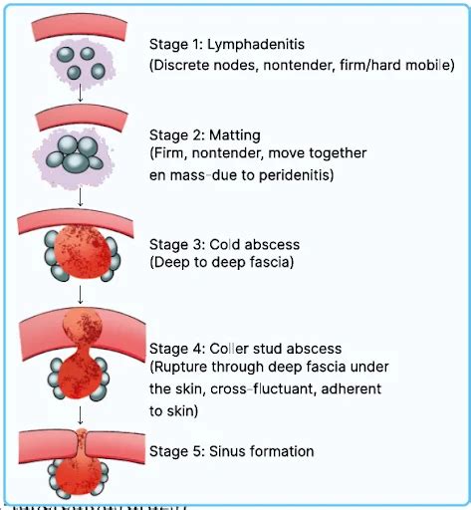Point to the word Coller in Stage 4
[230, 349]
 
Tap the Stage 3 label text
[175, 243]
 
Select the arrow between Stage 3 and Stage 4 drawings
[80, 297]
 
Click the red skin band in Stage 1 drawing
[80, 28]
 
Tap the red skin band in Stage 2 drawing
[80, 119]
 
